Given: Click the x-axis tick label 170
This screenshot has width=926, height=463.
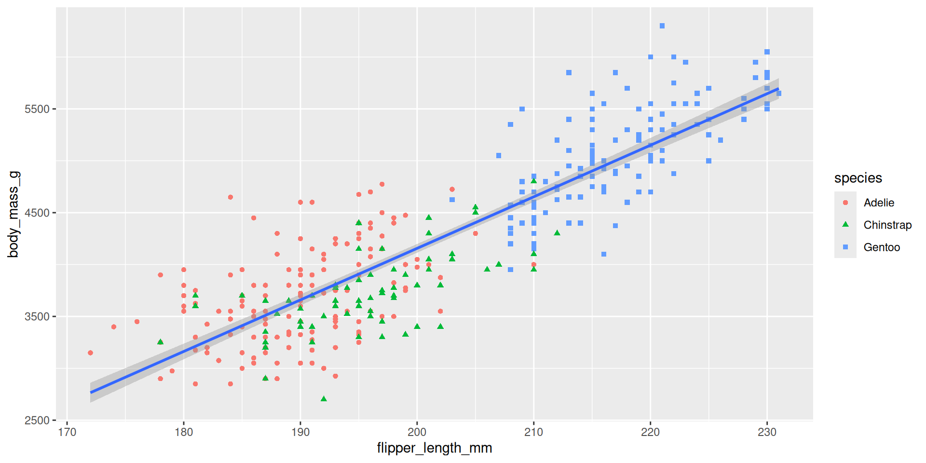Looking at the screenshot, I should point(67,432).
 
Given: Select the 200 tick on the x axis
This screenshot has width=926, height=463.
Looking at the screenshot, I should point(417,432).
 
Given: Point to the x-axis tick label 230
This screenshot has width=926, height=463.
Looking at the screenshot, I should point(767,432).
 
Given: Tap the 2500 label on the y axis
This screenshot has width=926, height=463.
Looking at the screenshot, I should point(37,421).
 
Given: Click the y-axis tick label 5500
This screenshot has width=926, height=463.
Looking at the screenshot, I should point(37,109).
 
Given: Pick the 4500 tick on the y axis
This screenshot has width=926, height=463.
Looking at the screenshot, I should point(37,213).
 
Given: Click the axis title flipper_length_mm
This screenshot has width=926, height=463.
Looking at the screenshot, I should point(434,448).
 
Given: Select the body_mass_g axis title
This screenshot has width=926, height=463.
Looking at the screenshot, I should point(13,214).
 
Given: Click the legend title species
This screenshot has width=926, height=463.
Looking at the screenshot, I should point(858,178).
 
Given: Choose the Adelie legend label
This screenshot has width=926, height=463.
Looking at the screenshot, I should point(879,203).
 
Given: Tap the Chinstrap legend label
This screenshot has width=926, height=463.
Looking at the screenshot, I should point(887,225).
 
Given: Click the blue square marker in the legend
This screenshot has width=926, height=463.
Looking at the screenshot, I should point(845,247).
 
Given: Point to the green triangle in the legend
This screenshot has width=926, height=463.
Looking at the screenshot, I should point(845,224).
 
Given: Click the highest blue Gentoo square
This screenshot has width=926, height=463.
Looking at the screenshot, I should point(662,26).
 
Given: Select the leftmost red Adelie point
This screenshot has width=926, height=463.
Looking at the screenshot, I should point(90,353).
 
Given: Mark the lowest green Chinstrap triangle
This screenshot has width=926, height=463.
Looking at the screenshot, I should point(324,399).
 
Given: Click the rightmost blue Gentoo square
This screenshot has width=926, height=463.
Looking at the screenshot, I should point(779,94).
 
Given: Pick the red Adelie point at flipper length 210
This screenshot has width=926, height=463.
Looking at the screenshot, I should point(534,264).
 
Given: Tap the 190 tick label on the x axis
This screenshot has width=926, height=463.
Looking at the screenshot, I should point(300,432).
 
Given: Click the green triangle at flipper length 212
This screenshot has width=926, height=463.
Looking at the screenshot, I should point(557,233).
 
